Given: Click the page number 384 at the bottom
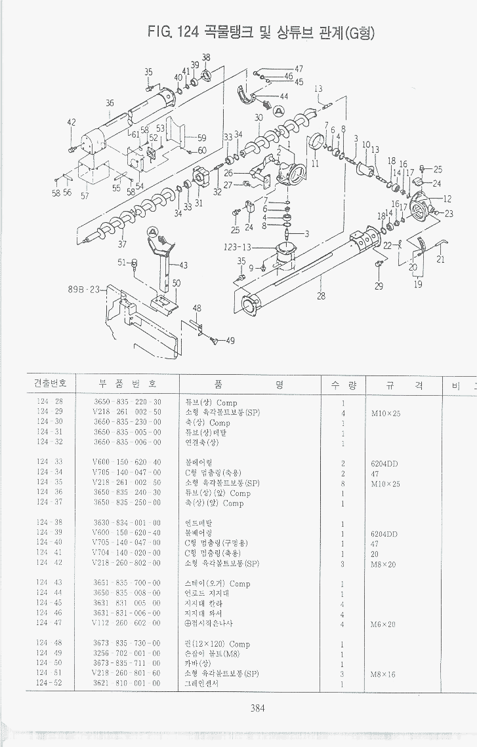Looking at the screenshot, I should point(257,706).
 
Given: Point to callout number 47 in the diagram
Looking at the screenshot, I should point(299,69).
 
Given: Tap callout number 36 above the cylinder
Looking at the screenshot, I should point(110,103).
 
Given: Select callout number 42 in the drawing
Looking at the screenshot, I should point(72,122).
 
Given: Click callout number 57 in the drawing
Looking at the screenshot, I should point(85,195).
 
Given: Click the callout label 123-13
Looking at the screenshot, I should point(237,247).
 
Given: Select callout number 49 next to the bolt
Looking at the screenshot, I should point(230,340).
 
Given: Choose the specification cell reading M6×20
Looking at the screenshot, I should point(384,624).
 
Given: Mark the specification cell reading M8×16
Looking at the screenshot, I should point(383,674).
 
